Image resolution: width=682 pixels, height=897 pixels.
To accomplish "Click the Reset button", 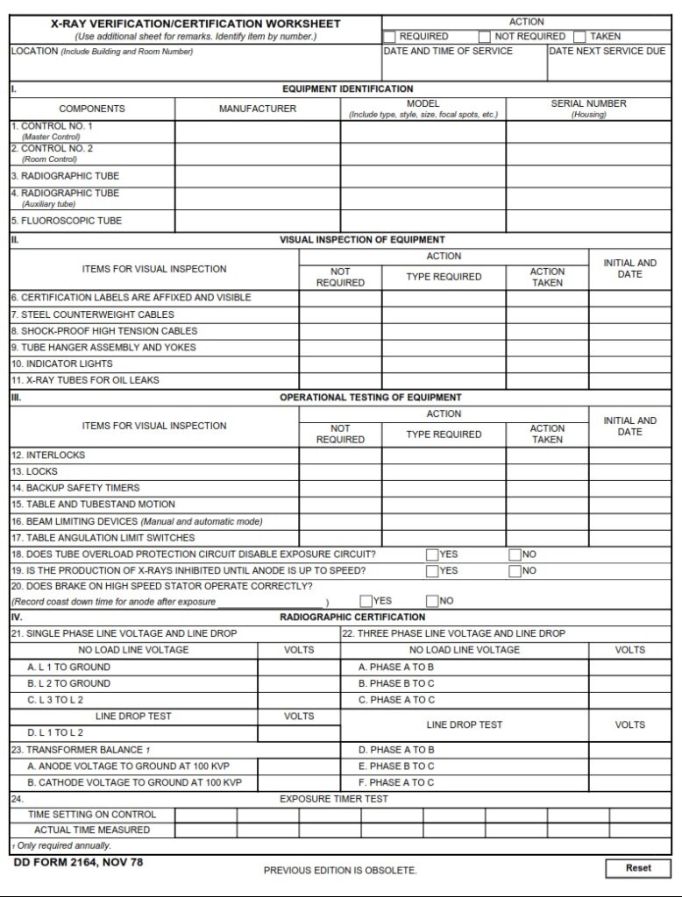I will [637, 868].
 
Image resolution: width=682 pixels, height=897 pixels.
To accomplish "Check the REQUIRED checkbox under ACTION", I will [390, 37].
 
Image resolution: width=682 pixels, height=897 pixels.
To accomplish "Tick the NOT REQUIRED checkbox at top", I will [485, 37].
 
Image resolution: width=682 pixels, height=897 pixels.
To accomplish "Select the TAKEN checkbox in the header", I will [579, 37].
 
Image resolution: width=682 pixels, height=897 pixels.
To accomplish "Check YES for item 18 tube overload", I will [432, 554].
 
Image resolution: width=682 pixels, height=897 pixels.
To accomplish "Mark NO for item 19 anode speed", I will [515, 571].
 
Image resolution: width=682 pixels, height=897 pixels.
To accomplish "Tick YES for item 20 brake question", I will [366, 601].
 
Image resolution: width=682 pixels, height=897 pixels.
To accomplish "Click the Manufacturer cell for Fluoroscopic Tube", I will [258, 221].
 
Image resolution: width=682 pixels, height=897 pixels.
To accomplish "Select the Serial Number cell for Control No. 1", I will [588, 131].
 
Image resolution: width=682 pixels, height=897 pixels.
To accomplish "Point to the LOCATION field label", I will [35, 51].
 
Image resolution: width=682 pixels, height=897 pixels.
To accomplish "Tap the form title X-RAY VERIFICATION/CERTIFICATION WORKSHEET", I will [195, 24].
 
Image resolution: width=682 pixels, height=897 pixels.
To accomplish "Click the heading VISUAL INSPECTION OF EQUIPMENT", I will [362, 239].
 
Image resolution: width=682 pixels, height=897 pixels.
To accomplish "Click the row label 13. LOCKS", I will [35, 471].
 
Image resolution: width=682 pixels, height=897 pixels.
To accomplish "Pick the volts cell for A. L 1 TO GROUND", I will [299, 667].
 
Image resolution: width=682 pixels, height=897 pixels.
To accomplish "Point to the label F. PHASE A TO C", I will [396, 782].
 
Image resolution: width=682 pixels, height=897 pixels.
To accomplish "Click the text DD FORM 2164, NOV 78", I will [78, 863].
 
